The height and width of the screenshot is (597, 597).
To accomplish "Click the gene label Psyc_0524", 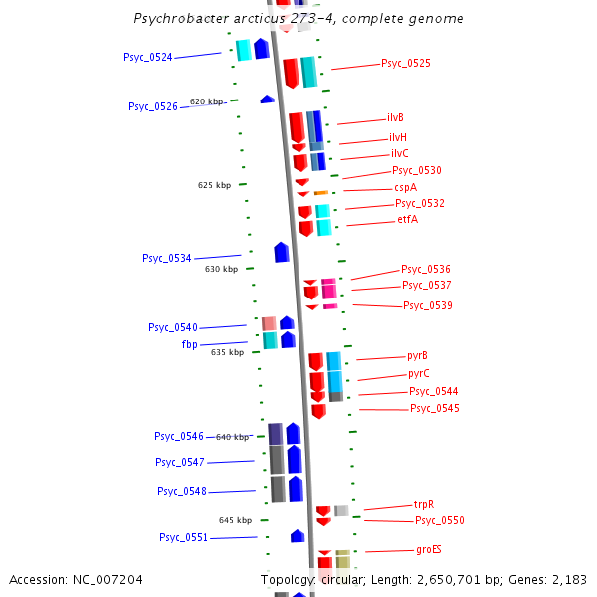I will pos(148,57).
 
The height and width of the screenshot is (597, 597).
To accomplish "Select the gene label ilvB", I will pos(395,117).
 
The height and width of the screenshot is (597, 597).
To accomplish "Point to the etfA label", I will pos(407,219).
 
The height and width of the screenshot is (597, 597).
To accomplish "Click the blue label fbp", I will pos(189,344).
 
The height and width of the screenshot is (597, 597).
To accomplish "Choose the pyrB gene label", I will pos(418,355).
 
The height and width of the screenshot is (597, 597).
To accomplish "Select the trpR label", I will pos(424,504).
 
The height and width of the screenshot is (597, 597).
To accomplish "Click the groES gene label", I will pos(428,549).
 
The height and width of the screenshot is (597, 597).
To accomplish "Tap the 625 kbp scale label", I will pos(214,185).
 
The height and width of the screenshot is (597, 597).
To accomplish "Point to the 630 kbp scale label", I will pos(221,269).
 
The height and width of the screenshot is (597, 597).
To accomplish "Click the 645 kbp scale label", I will pos(236,520).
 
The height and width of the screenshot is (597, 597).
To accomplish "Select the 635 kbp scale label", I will pos(227,352).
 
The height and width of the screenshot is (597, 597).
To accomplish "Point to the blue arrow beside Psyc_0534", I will pos(282,252).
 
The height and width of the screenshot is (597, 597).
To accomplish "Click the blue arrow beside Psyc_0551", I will pos(297,536).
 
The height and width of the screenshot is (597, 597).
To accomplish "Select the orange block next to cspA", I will pos(321,192).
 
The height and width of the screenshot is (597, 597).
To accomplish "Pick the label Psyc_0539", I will pos(427,305).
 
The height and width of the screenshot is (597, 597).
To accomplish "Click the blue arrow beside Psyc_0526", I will pos(267,99).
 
